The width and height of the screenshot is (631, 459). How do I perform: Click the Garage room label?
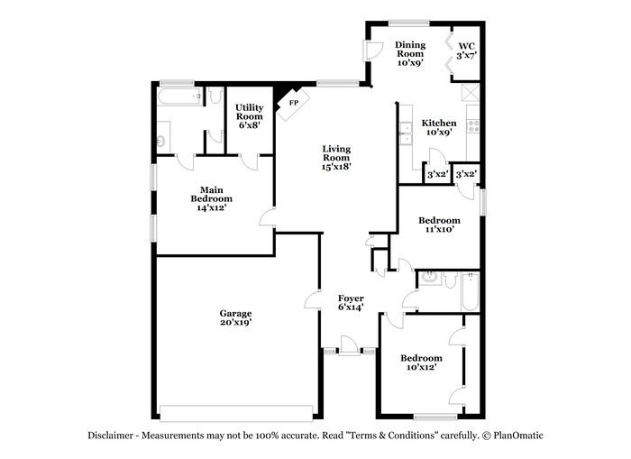pos(236,317)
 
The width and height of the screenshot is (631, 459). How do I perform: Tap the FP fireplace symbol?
pos(293,104)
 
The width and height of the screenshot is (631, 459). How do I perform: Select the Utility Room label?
pos(250,116)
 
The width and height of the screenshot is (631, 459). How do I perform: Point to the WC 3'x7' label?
pos(467,50)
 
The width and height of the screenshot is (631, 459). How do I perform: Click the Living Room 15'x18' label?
pos(336,158)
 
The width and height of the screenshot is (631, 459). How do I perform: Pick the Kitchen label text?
pos(439,124)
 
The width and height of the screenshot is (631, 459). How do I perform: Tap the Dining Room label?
pos(410,53)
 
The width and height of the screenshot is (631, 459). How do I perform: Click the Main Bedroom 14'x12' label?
pos(212,198)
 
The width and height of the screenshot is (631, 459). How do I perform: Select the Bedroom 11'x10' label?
pos(440,225)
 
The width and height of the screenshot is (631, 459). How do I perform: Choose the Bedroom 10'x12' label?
pos(421,363)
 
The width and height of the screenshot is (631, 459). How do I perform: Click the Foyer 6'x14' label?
pos(351,303)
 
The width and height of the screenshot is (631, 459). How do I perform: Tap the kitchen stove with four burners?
pos(473,126)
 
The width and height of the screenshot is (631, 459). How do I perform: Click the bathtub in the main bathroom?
pos(180,97)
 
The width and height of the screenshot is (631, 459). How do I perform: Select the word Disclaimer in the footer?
pos(110,436)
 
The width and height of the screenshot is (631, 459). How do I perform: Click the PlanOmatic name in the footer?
pos(518,436)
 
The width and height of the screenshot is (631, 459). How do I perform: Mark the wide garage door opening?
pos(236,413)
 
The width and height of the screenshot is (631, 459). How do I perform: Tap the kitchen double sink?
pos(406,133)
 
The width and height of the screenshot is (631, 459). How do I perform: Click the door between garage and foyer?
pos(313,299)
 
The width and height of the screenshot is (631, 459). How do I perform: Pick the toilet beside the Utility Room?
pos(216,95)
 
